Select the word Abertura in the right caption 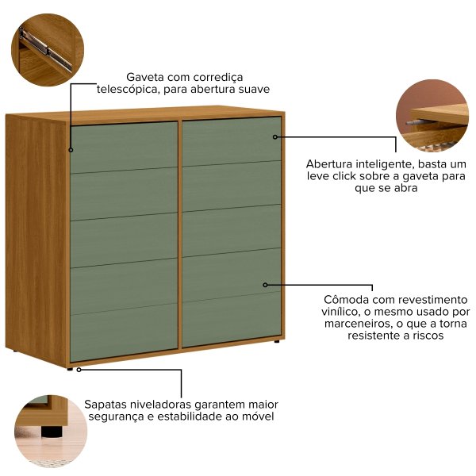click(328, 164)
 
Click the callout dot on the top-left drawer click(71, 150)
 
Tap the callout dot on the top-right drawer click(275, 137)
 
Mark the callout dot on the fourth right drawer click(265, 285)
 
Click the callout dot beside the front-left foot click(79, 370)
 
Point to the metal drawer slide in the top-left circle click(45, 49)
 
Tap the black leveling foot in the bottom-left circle click(51, 432)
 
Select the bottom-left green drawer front click(124, 332)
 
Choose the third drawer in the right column click(232, 231)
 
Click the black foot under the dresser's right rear click(277, 341)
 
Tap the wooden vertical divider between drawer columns click(180, 234)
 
